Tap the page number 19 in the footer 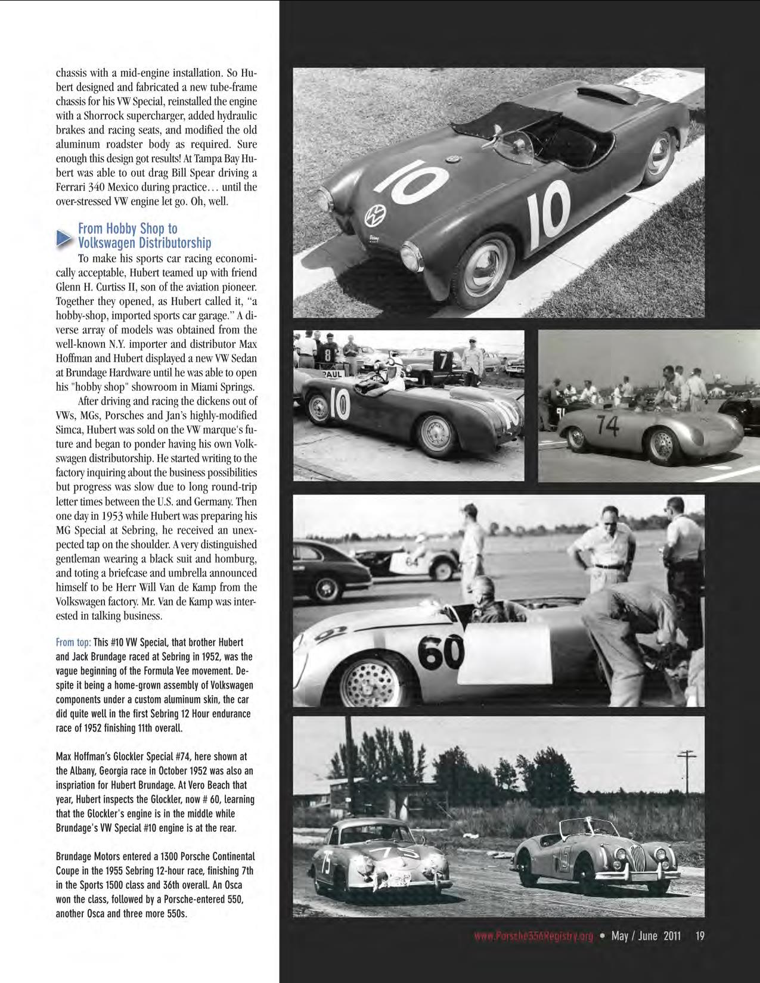coord(700,936)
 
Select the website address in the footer coord(533,937)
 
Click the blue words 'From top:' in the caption coord(73,642)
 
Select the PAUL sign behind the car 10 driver coord(333,374)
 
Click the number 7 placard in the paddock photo coord(443,360)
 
